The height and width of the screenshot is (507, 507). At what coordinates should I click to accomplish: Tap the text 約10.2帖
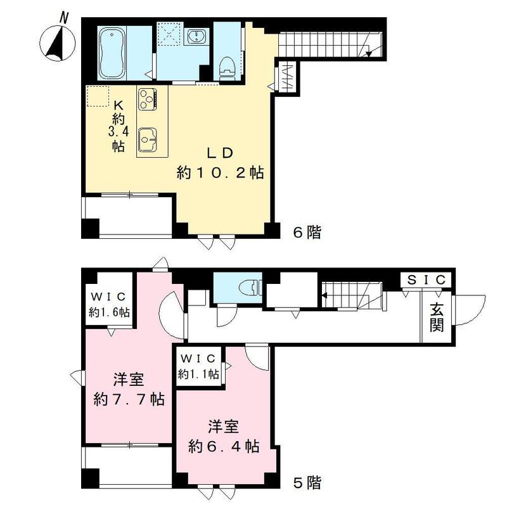[x=220, y=172]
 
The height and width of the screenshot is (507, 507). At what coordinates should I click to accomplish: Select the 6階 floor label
[x=306, y=233]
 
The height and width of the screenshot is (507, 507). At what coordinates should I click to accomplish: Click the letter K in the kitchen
[x=118, y=105]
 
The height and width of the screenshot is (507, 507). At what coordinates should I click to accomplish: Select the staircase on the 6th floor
[x=323, y=44]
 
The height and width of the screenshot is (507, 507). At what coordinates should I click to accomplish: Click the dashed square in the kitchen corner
[x=99, y=97]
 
